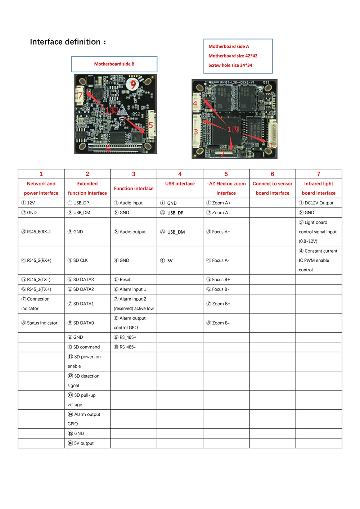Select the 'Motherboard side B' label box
tap(114, 64)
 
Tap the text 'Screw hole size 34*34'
tap(230, 65)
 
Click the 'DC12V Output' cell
tap(319, 203)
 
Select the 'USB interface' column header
tap(180, 184)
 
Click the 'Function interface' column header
tap(134, 188)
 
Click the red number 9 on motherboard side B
tap(134, 85)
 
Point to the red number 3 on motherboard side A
tap(196, 132)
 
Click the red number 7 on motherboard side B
tap(80, 95)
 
